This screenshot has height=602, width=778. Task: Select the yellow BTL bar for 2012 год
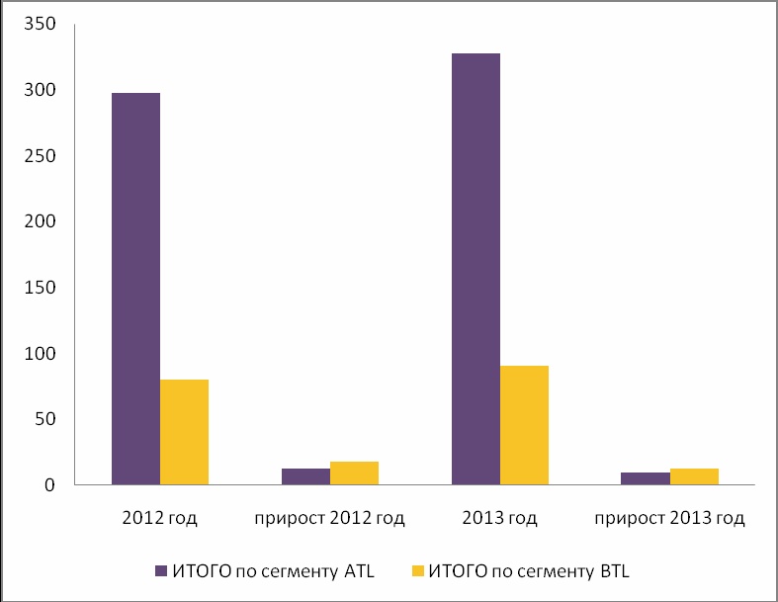point(184,432)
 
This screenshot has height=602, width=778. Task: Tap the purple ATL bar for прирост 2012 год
point(305,476)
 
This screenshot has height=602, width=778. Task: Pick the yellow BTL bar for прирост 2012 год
point(354,473)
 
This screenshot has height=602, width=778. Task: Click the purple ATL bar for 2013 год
point(475,269)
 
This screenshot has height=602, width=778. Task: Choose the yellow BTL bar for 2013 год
point(524,425)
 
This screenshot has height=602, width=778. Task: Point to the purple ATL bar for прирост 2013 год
point(646,478)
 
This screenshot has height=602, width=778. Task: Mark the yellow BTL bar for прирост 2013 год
point(694,476)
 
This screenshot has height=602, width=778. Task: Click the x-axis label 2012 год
point(160,518)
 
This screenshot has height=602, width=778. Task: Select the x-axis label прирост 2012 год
point(330,518)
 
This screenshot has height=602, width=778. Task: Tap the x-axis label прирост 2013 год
point(670,518)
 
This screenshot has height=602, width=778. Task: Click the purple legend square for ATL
point(162,570)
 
